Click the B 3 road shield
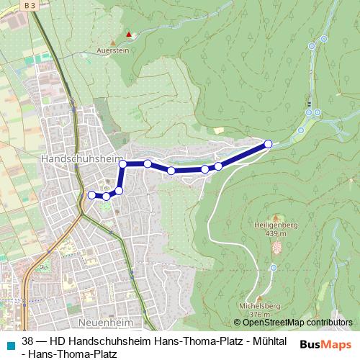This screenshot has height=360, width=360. click(x=30, y=4)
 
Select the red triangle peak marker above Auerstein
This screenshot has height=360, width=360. click(x=129, y=34)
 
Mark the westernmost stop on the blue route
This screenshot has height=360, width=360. click(x=91, y=194)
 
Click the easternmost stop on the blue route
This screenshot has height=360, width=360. click(x=269, y=144)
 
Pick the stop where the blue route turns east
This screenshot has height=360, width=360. click(x=123, y=164)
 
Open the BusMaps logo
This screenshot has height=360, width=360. click(x=325, y=343)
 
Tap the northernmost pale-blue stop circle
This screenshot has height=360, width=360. click(x=312, y=46)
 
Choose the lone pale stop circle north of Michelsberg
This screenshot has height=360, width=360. click(x=274, y=267)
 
